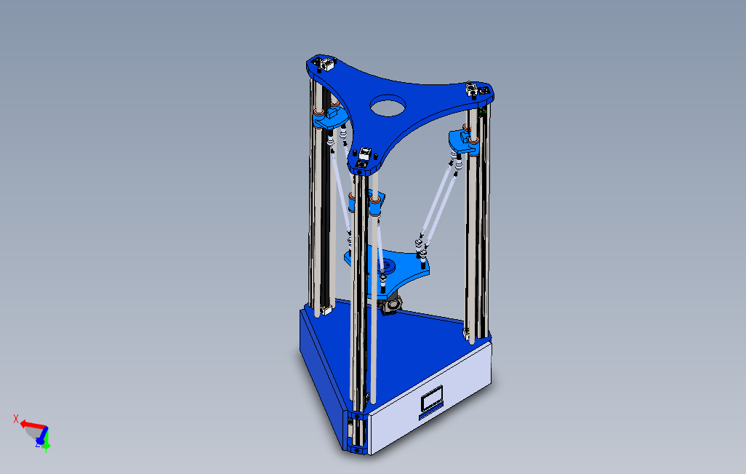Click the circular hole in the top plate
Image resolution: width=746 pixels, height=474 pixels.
tap(388, 106)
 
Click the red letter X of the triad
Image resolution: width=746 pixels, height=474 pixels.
tap(16, 419)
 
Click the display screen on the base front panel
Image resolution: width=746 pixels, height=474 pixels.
tap(432, 398)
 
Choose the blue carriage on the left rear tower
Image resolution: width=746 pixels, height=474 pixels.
tap(329, 116)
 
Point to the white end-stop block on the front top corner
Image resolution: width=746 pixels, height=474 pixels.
tap(365, 153)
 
